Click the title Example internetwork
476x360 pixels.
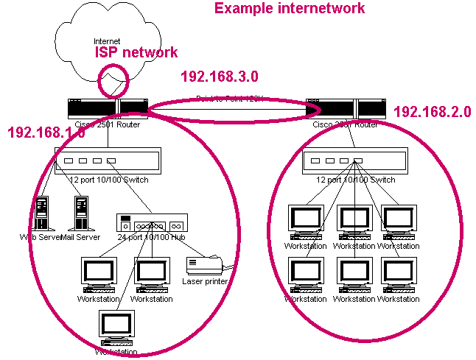[x=289, y=8]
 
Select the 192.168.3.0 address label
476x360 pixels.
[x=219, y=76]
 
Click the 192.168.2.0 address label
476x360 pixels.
[x=432, y=112]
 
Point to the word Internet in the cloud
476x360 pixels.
[x=108, y=40]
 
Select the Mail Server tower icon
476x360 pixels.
[x=82, y=213]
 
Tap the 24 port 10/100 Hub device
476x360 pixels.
[x=153, y=223]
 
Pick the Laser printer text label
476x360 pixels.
[x=205, y=281]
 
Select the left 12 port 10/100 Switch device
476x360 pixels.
[x=108, y=160]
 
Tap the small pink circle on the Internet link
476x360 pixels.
[x=113, y=80]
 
